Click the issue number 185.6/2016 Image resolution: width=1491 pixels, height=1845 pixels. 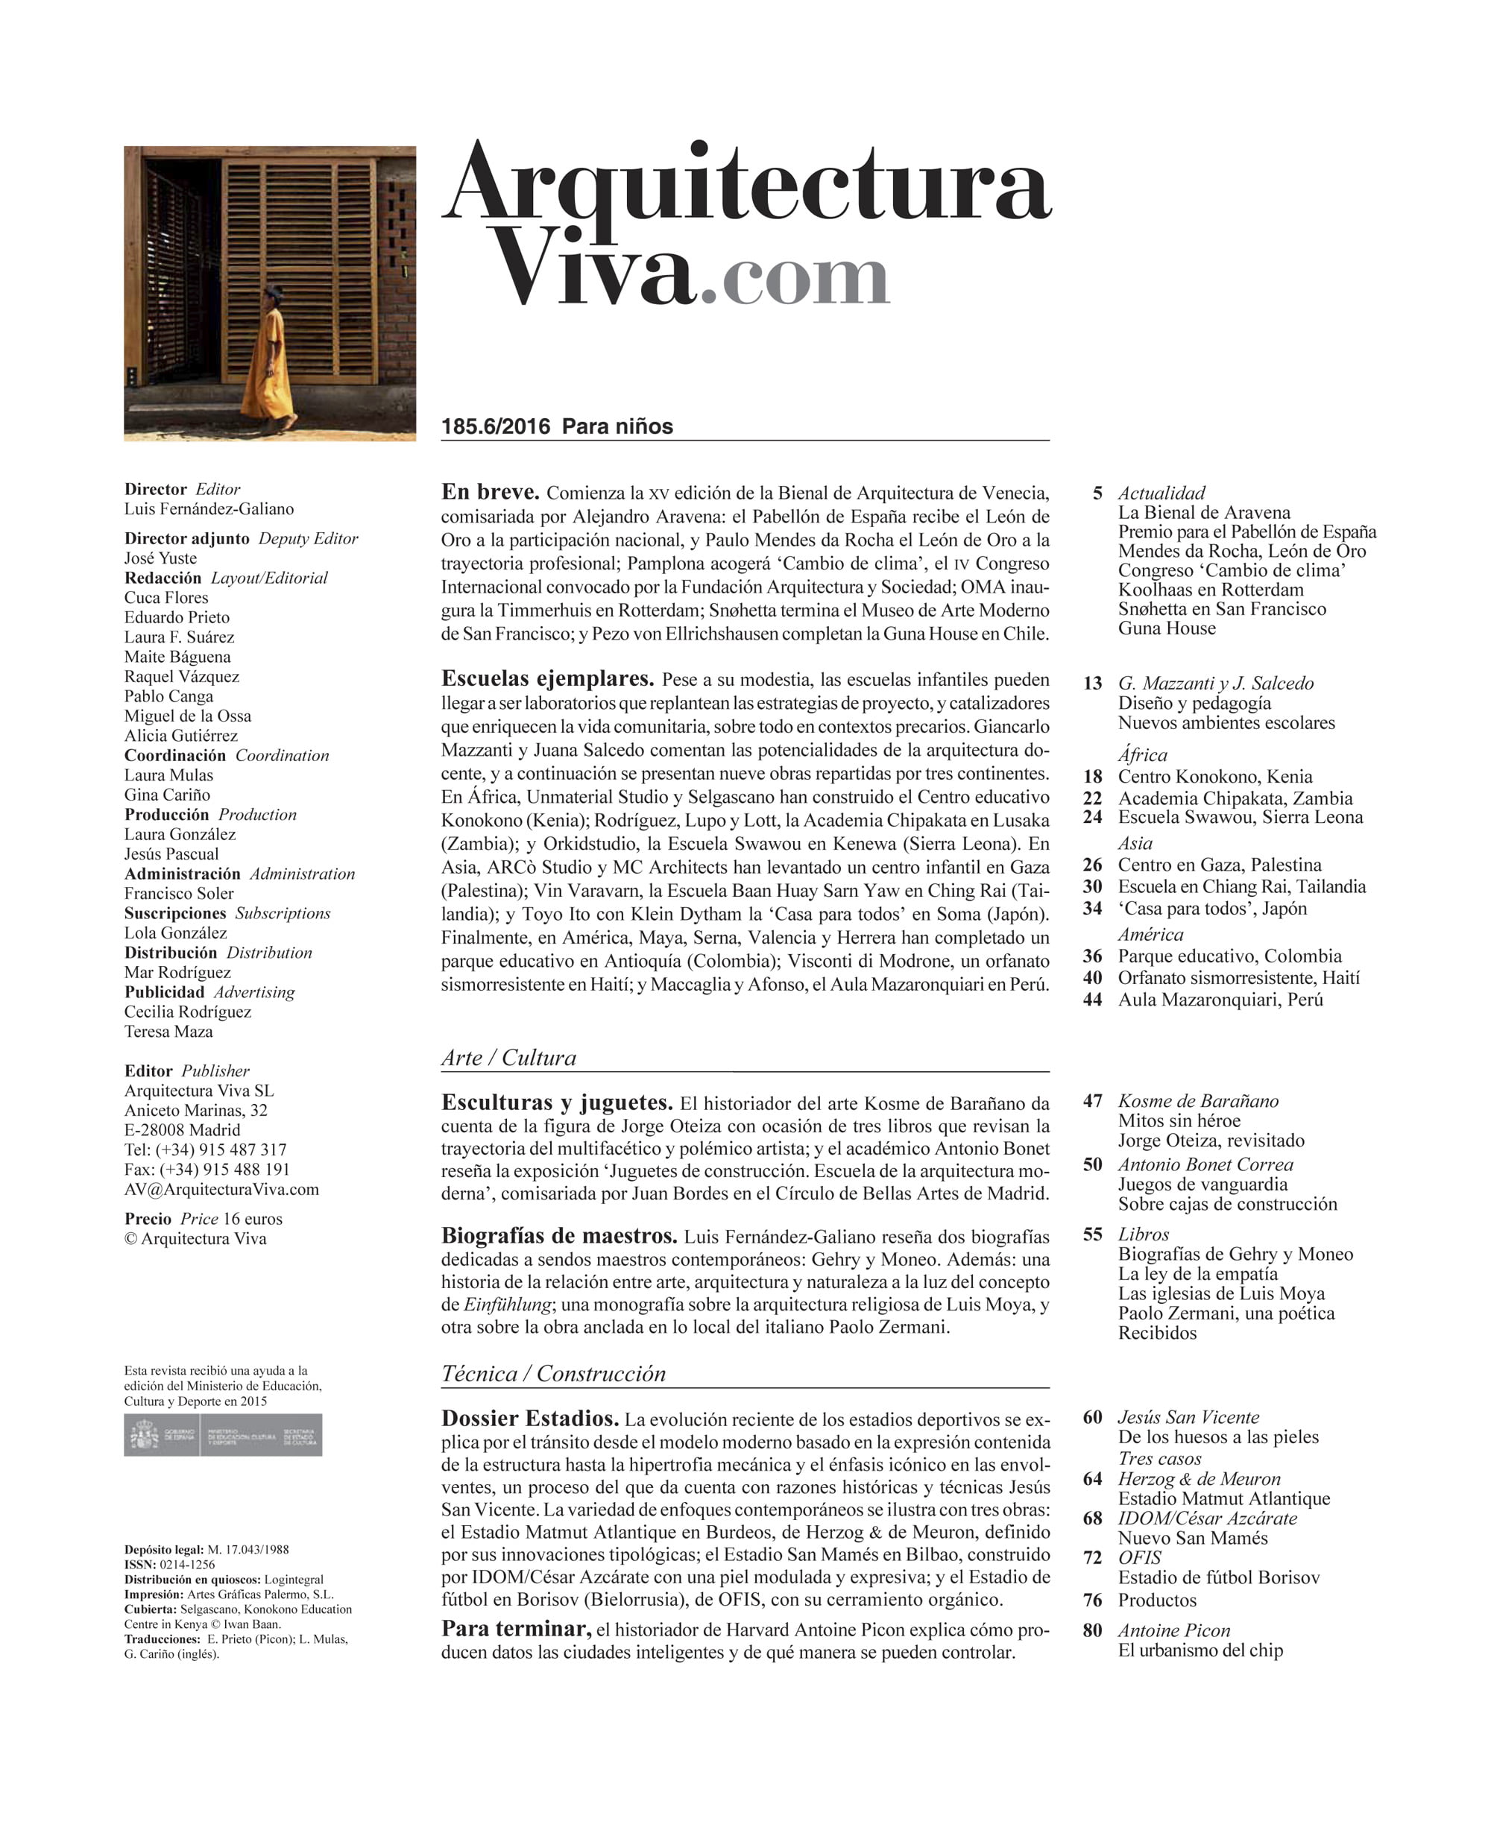point(496,427)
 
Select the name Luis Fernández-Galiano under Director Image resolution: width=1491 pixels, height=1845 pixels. point(209,509)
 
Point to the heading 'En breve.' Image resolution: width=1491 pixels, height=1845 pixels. point(490,493)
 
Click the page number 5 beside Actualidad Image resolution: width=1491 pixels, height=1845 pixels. point(1097,493)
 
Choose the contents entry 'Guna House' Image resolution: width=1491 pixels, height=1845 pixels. point(1167,628)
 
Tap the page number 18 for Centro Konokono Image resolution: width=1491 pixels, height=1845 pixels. point(1092,777)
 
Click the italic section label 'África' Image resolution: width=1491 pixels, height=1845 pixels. point(1142,755)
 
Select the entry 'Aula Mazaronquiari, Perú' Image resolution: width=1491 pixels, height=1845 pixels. point(1220,999)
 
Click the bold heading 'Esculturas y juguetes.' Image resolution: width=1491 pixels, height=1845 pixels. point(557,1103)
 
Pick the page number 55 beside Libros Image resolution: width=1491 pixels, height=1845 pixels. point(1092,1234)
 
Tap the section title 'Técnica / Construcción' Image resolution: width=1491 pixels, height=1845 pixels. point(553,1373)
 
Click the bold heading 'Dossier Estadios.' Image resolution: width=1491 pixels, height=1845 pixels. point(530,1419)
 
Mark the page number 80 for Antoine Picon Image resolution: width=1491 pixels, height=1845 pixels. point(1092,1630)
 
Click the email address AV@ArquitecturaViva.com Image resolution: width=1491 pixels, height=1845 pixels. point(221,1190)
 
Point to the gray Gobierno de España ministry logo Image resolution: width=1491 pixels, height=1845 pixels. point(222,1435)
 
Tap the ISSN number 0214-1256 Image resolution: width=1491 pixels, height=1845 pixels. point(187,1565)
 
